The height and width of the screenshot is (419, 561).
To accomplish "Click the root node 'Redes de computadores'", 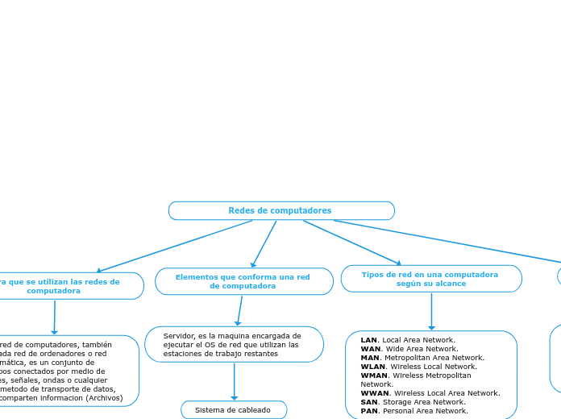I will (x=280, y=210).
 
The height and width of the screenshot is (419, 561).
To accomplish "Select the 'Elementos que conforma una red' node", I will (x=243, y=281).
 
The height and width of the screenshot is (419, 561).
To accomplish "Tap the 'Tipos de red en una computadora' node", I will (x=430, y=279).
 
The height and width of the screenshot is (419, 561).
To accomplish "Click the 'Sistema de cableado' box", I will (x=234, y=410).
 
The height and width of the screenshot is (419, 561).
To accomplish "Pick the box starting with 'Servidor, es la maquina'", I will (x=234, y=344).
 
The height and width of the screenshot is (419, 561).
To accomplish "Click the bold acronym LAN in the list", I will (x=368, y=340).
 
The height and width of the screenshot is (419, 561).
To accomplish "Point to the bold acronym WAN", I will (x=370, y=349).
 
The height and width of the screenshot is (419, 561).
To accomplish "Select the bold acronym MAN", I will (x=369, y=358).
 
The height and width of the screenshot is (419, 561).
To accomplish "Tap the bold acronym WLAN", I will (x=372, y=367).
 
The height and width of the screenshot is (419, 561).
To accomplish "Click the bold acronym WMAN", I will (x=374, y=375).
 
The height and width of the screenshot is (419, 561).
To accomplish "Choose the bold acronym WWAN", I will (x=375, y=393).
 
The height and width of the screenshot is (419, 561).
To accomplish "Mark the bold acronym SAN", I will (x=368, y=402).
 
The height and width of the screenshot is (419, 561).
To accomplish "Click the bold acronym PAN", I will (x=368, y=411).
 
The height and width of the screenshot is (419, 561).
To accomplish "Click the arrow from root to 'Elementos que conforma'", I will (x=264, y=243).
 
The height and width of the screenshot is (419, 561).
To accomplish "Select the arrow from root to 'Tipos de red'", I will (x=351, y=242).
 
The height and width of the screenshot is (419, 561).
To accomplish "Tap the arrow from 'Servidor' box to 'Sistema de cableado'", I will (x=235, y=381).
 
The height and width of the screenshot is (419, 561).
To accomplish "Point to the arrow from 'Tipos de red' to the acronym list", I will (x=431, y=311).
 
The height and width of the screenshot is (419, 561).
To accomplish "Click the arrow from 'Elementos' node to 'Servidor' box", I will (x=239, y=310).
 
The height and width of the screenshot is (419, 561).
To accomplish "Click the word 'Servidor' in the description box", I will (x=178, y=335).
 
